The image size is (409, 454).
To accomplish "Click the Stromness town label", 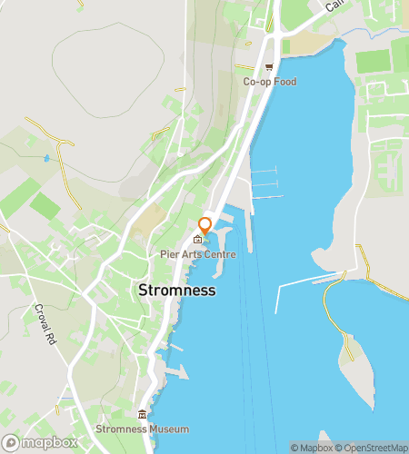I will pos(177,291).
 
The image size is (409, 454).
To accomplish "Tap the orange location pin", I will pos(205,225).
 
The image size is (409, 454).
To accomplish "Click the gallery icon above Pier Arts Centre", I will pos(197,240).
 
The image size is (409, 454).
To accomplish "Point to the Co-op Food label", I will pos(270,82).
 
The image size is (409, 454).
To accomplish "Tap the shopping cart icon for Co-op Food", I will pos(269,67).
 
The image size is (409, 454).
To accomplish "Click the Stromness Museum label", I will pos(144,429).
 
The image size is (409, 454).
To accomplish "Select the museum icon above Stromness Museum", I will pos(142,415).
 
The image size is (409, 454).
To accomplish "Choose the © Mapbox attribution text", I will pos(310,447).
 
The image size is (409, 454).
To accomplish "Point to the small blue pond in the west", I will pos(46,158).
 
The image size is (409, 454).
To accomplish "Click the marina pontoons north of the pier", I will pos(264,183).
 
